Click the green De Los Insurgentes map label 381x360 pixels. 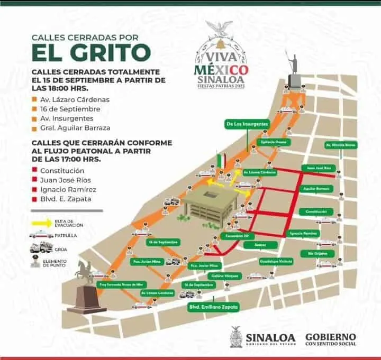click(247, 124)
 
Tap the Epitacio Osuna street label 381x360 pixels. click(274, 142)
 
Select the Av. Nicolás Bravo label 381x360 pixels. click(341, 144)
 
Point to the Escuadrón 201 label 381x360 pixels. click(237, 235)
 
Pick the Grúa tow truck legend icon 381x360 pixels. click(41, 247)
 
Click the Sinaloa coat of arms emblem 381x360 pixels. click(236, 336)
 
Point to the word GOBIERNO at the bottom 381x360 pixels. click(330, 336)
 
